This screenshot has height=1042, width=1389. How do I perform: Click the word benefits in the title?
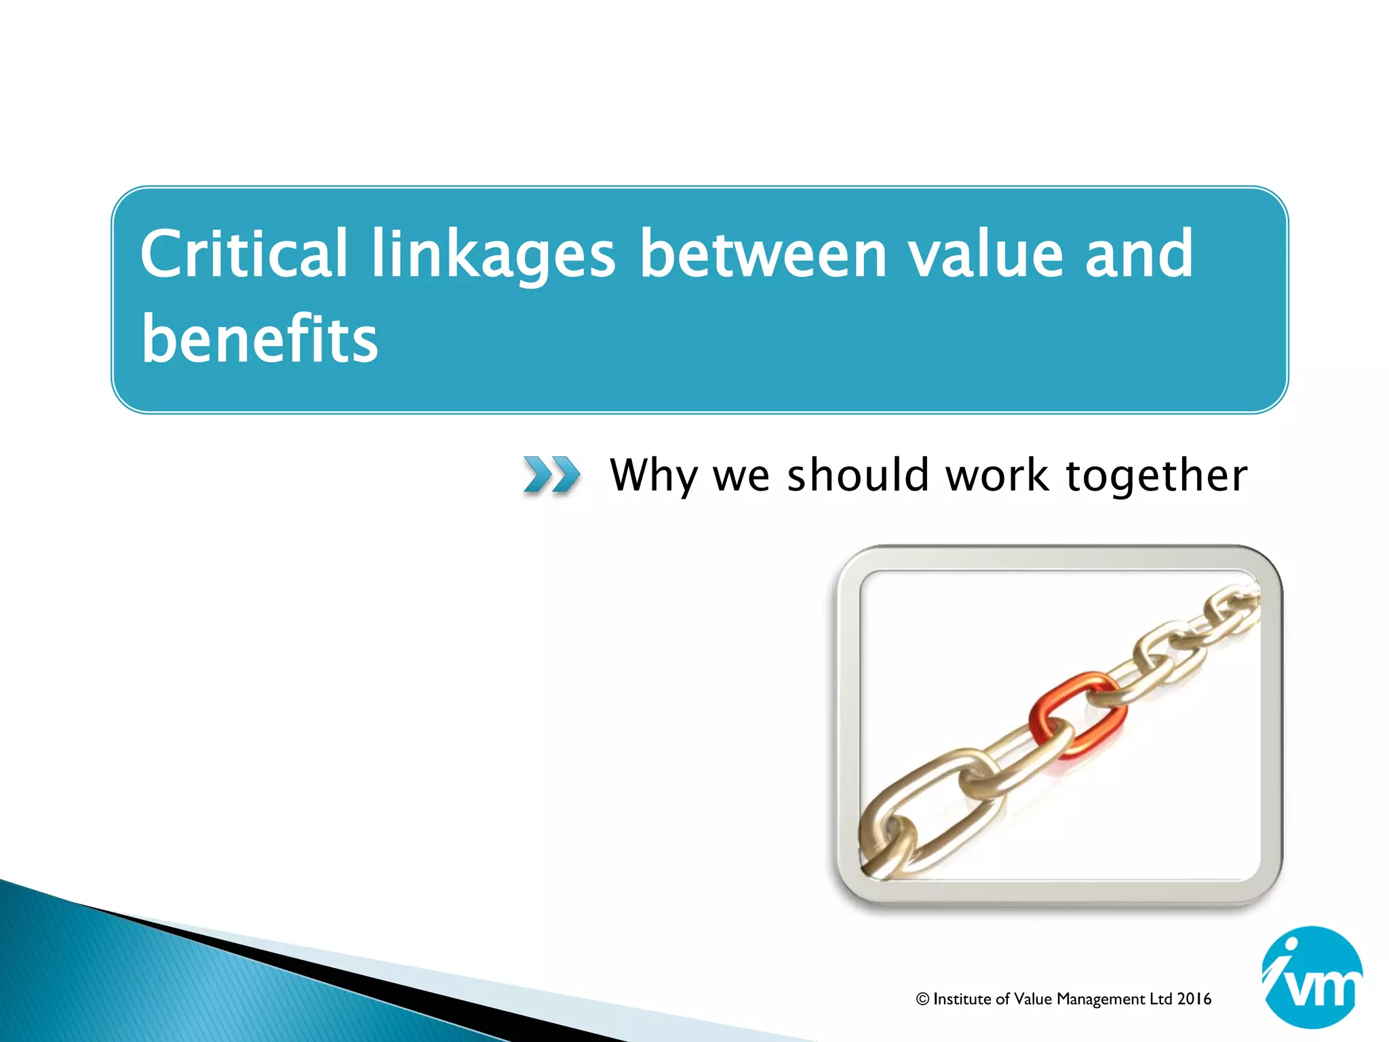click(259, 339)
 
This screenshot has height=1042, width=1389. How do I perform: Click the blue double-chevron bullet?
click(551, 474)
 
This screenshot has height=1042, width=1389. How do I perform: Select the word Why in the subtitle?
click(654, 476)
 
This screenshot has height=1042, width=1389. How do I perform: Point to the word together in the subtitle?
click(1156, 476)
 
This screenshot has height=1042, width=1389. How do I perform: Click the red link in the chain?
click(1078, 714)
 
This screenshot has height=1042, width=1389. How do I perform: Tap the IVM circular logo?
click(1312, 978)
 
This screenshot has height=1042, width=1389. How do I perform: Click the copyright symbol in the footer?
click(922, 999)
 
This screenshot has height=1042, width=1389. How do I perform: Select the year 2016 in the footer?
click(1194, 999)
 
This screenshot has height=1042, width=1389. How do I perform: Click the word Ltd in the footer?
click(1160, 999)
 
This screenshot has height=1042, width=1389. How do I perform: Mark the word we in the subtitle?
click(741, 476)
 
